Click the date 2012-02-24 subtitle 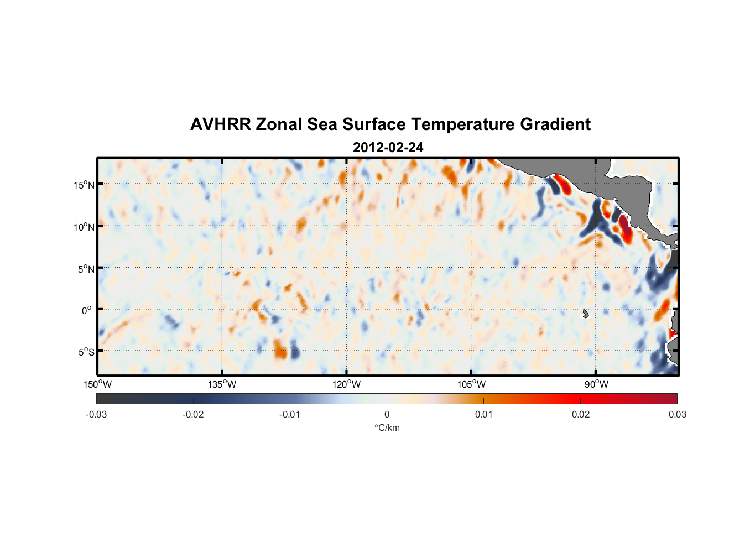[388, 148]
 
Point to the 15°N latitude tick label [84, 185]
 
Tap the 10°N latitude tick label [84, 227]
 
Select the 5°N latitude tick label [86, 269]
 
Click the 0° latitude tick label [87, 310]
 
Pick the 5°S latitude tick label [86, 352]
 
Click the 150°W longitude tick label [97, 384]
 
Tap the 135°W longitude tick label [222, 384]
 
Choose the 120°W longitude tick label [346, 384]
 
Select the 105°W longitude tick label [471, 384]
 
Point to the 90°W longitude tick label [596, 384]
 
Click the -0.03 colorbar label [96, 414]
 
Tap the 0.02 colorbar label [580, 414]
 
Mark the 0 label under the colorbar [387, 414]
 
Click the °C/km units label [387, 427]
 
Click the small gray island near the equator [585, 313]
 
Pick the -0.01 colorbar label [290, 414]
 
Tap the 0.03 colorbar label [677, 414]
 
